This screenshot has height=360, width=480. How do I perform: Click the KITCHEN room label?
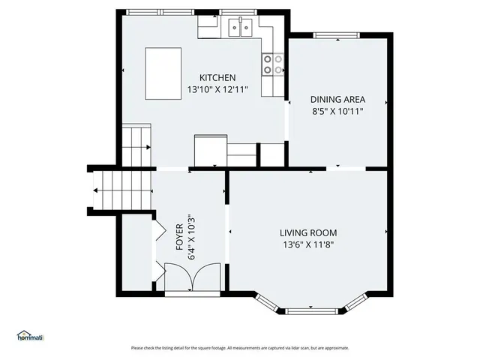click(x=217, y=78)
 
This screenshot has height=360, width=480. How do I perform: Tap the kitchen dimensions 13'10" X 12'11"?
click(x=217, y=89)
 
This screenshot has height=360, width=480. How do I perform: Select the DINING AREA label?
click(x=337, y=99)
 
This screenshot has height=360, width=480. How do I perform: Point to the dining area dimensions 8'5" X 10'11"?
click(x=337, y=111)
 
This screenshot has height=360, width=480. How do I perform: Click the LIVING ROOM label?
click(x=308, y=232)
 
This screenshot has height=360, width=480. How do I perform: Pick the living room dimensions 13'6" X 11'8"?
click(x=308, y=244)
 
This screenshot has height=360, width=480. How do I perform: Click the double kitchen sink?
click(x=241, y=28)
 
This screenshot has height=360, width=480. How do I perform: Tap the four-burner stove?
click(x=273, y=64)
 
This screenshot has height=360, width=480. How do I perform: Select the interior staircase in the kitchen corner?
click(x=137, y=145)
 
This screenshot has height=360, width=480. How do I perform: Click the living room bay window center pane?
click(x=308, y=310)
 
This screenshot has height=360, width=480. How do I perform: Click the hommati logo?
click(x=29, y=335)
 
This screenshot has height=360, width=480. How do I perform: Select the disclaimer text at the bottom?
click(x=240, y=348)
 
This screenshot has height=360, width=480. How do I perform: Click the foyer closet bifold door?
click(x=159, y=228)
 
